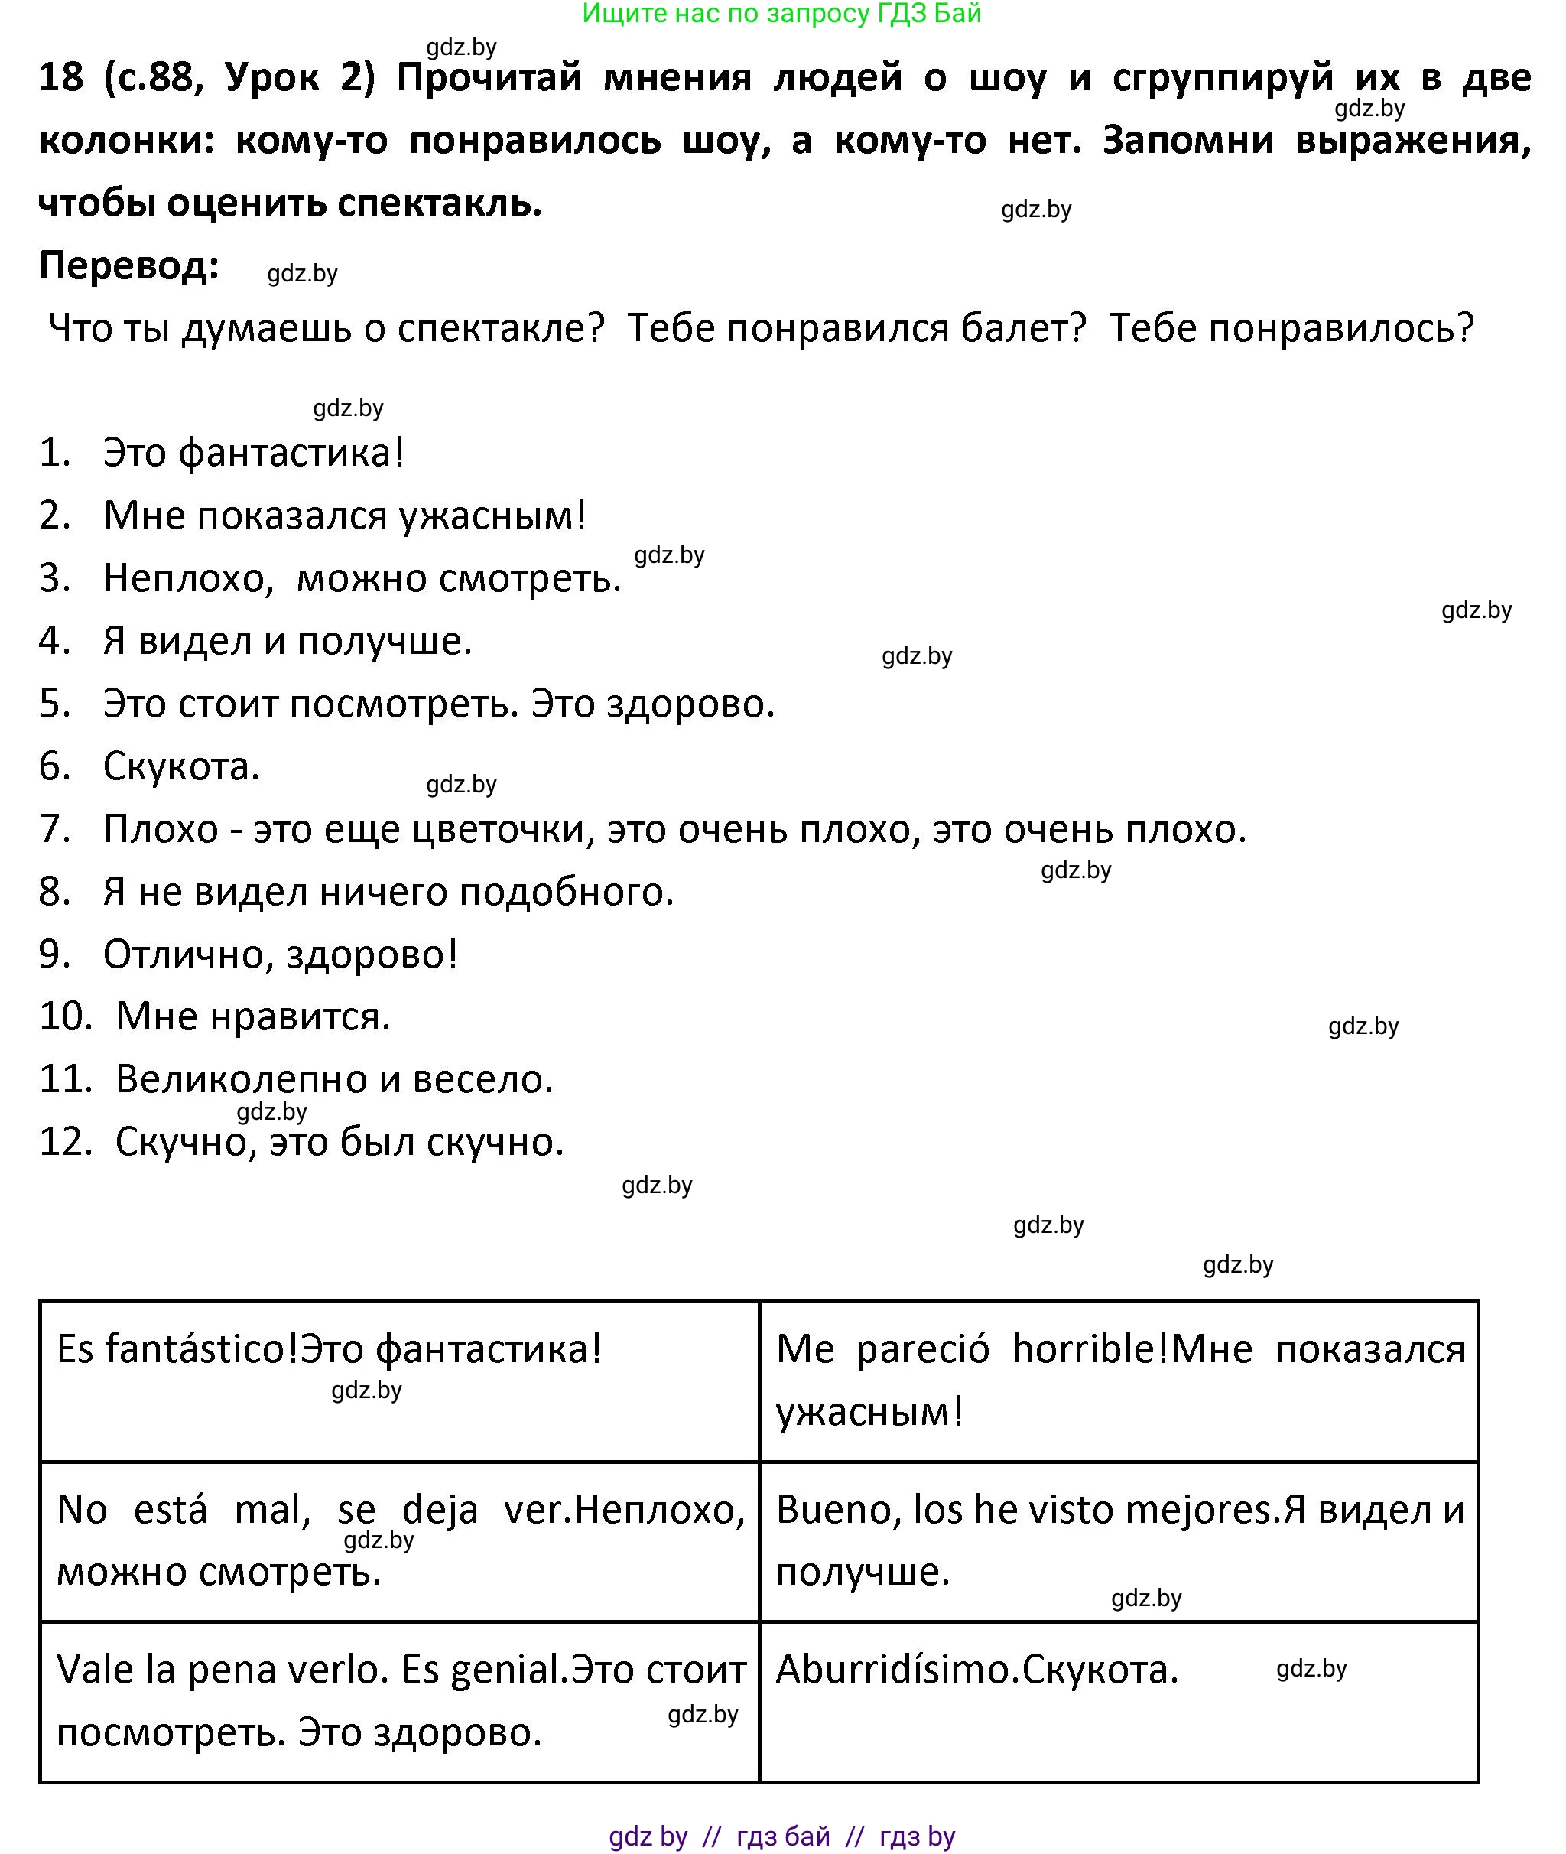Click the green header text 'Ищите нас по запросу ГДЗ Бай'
[x=781, y=13]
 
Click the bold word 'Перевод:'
[x=128, y=265]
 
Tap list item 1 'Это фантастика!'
[x=254, y=453]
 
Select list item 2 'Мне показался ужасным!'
[x=344, y=516]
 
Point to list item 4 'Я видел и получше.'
[x=288, y=641]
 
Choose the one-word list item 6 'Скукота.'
[x=181, y=766]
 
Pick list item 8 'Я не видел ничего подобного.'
[x=388, y=893]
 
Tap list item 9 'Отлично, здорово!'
[x=281, y=955]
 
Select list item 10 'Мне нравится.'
[x=253, y=1016]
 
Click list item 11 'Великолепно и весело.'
[x=334, y=1080]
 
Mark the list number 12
[x=66, y=1143]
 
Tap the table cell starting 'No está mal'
[x=399, y=1540]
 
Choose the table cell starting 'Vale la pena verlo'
[x=399, y=1701]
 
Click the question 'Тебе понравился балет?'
[x=856, y=329]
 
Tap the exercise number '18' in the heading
[x=61, y=78]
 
